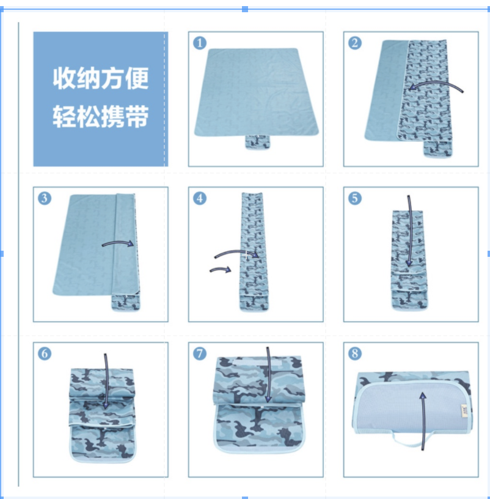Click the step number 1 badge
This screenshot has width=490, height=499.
200,43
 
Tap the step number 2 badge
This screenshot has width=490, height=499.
355,43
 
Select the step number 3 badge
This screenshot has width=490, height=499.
45,198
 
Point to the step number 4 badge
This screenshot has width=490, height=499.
200,198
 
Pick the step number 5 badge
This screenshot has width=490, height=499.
355,198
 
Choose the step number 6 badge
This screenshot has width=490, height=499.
45,353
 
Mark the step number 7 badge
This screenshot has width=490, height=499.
200,353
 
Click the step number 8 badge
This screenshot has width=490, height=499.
355,353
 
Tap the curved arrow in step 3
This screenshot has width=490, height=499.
118,243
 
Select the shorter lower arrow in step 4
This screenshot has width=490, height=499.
221,269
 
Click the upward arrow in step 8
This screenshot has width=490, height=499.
423,420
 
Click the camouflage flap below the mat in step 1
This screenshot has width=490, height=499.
258,142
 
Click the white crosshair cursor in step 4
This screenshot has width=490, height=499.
246,255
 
